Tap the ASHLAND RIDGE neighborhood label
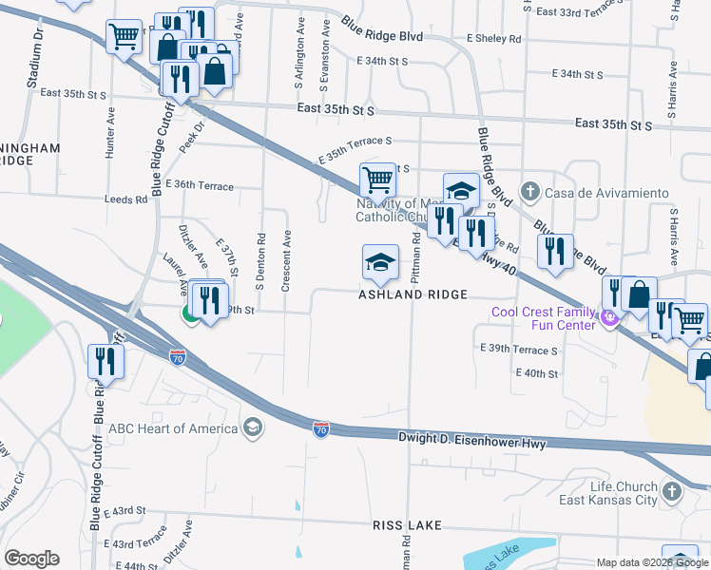pos(413,294)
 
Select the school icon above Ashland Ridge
pos(379,263)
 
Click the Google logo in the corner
pos(31,559)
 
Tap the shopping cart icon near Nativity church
pos(378,179)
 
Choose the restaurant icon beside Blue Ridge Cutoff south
pos(106,361)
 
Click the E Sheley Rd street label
pos(493,39)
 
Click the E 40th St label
pos(537,373)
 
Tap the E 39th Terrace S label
pos(519,350)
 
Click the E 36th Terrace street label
pos(199,186)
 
